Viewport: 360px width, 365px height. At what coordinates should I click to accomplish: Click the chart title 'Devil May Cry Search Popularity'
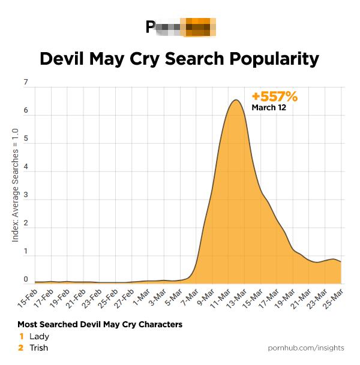(x=179, y=59)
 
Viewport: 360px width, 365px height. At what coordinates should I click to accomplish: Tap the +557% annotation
(x=274, y=96)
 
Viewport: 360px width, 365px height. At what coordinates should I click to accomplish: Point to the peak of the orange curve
(x=236, y=100)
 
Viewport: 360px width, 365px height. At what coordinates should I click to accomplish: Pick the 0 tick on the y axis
(x=25, y=279)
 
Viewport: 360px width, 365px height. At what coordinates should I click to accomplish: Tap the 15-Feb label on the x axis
(x=28, y=297)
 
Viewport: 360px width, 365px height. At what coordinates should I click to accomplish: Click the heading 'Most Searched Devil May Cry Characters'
(x=100, y=324)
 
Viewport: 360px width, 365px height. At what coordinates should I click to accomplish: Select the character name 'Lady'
(x=39, y=336)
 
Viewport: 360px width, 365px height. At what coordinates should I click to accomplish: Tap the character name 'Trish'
(x=38, y=348)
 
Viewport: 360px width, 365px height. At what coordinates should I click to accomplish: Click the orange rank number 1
(x=21, y=336)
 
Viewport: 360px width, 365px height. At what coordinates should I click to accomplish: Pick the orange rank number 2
(x=21, y=348)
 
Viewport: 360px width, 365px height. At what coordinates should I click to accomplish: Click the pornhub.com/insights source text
(x=305, y=348)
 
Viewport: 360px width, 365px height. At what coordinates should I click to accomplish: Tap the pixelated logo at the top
(x=180, y=28)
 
